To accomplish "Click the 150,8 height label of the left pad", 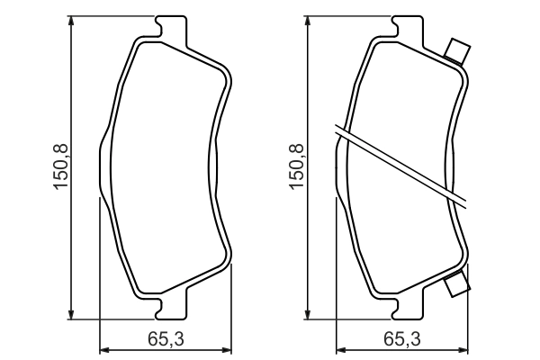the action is [61, 166].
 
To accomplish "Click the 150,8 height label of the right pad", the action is [297, 166].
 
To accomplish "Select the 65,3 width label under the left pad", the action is [166, 338].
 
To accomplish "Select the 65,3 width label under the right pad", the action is [402, 338].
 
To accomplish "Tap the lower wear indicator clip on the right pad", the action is [457, 283].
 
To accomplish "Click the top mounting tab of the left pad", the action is [171, 31].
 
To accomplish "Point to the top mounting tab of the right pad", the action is [407, 31].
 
